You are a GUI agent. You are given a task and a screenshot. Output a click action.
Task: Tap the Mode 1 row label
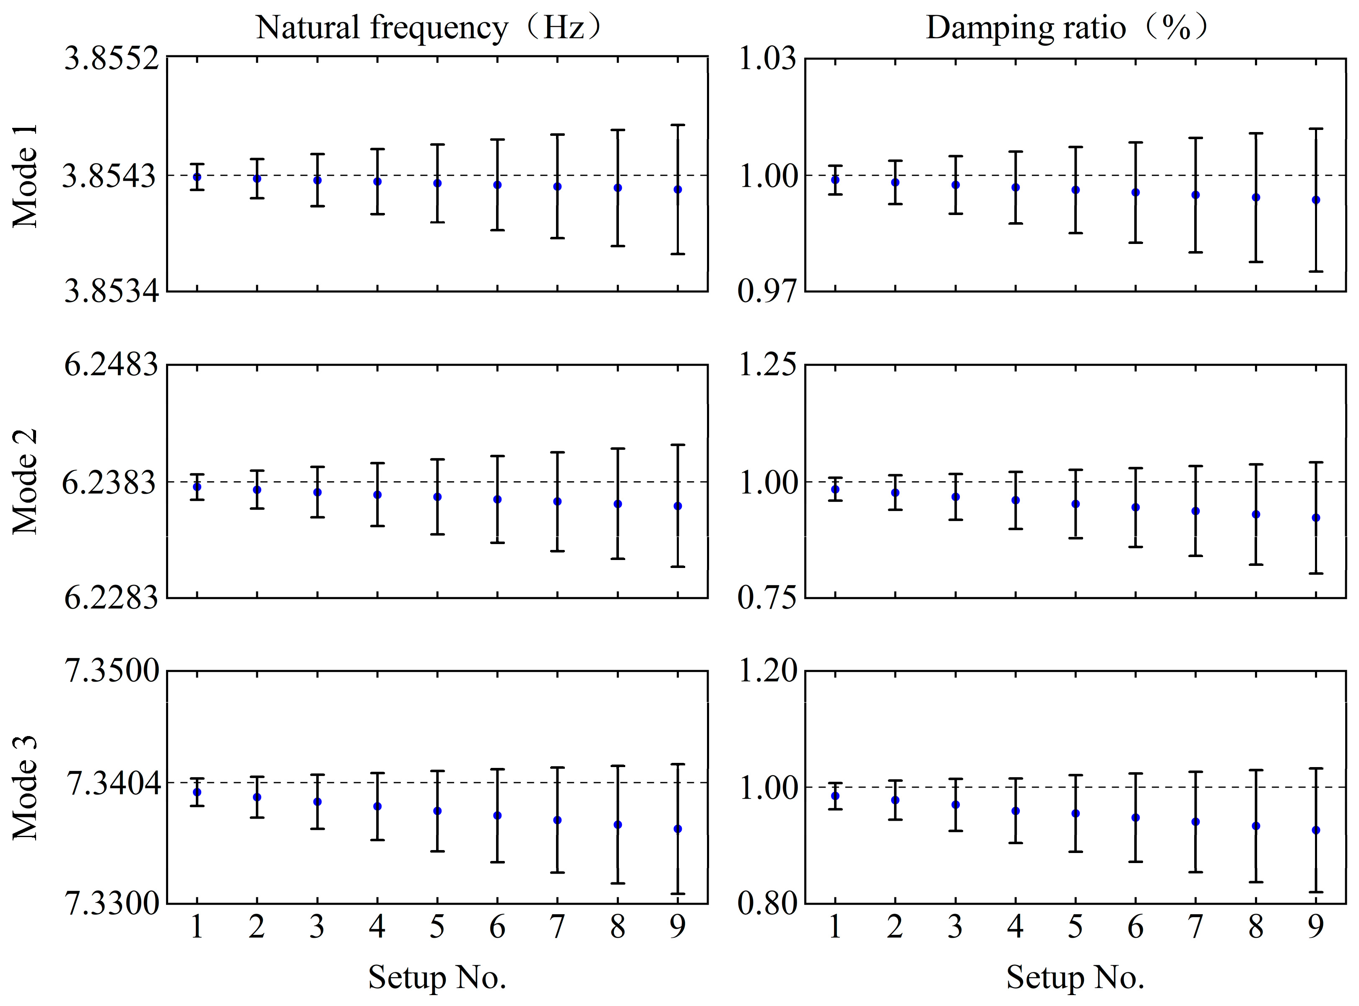tap(26, 176)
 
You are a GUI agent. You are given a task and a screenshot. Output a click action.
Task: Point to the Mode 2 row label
tap(26, 481)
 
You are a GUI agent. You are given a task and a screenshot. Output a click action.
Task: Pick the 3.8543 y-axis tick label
tap(109, 176)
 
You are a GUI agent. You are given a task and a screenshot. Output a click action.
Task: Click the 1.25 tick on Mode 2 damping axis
tap(767, 366)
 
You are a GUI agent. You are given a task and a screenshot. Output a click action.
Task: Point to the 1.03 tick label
tap(767, 60)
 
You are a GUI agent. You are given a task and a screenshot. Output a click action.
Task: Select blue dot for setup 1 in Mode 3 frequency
tap(197, 792)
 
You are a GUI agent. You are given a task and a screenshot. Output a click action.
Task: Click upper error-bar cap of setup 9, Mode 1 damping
tap(1316, 129)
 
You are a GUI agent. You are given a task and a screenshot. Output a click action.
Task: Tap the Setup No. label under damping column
tap(1075, 978)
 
